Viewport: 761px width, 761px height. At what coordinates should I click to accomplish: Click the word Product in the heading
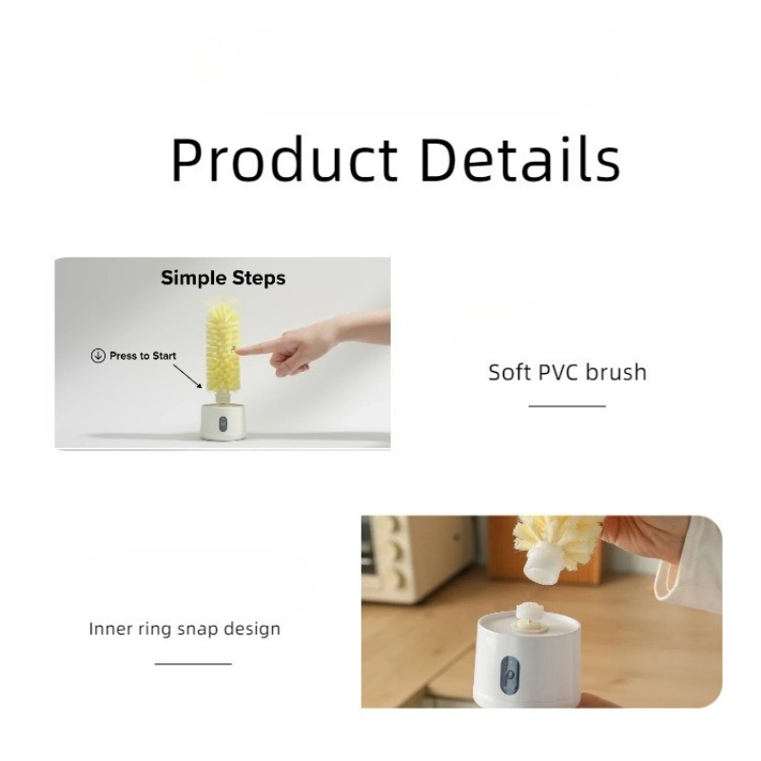284,160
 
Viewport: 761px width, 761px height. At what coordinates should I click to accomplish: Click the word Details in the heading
520,159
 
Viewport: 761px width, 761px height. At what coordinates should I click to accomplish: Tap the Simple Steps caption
224,278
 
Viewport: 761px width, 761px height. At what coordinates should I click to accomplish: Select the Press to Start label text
143,356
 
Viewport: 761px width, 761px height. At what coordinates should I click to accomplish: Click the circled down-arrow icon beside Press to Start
98,356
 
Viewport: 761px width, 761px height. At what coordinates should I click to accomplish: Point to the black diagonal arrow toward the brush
187,377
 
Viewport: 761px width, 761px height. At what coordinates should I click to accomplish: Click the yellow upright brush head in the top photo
224,347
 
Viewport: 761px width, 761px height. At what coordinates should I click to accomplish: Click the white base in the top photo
223,421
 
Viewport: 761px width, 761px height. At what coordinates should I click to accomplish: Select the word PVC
558,373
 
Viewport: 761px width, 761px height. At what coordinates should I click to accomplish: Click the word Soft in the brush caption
510,373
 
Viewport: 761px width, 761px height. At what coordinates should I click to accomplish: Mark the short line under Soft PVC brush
567,406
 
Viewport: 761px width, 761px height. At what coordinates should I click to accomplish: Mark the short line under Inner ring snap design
193,663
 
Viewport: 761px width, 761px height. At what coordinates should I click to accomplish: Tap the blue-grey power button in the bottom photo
509,675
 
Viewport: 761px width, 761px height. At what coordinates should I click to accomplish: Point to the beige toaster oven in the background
418,558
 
